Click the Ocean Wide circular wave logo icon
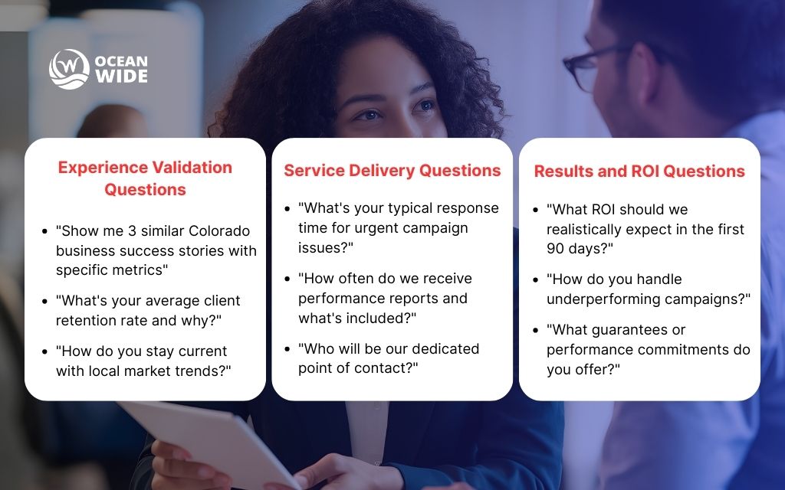pos(69,70)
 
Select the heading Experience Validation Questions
pos(145,178)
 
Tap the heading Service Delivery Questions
pos(392,170)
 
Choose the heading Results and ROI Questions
pos(639,171)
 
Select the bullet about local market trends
pos(143,361)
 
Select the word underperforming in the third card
pos(606,299)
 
